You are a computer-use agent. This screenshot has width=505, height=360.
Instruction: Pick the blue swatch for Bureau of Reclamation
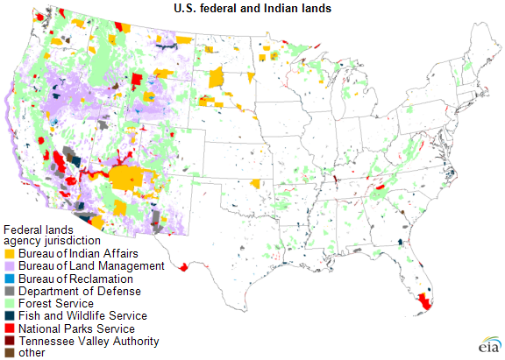pos(9,279)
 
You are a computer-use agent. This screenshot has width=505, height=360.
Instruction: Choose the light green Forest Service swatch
pos(9,303)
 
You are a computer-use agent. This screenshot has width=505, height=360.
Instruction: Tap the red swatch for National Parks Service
pos(9,328)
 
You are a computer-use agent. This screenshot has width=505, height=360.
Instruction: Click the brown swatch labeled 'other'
pos(9,353)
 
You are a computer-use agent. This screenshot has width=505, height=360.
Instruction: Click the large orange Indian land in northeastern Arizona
pos(127,179)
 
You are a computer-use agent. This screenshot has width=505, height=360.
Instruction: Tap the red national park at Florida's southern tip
pos(425,300)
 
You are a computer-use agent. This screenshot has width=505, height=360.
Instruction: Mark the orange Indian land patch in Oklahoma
pos(255,184)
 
